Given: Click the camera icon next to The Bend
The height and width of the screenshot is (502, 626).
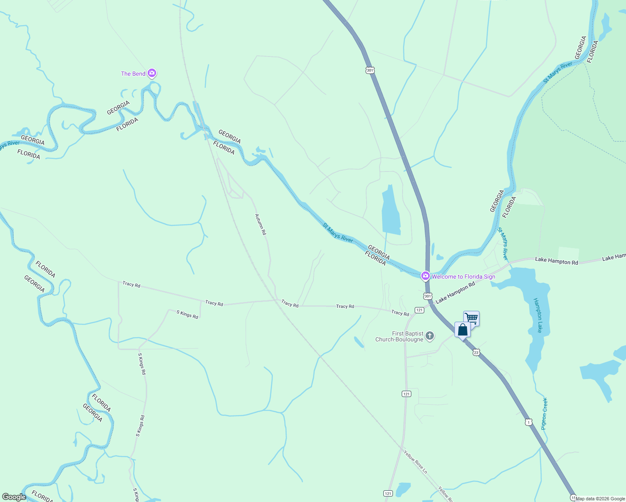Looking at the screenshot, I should (152, 74).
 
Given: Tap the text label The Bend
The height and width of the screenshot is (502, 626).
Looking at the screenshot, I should (133, 74).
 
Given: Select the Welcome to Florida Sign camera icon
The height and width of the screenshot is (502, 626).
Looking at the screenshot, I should (425, 276).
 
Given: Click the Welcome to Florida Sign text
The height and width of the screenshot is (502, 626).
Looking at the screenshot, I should (463, 277).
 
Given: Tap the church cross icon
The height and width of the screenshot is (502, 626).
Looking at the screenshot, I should (430, 336).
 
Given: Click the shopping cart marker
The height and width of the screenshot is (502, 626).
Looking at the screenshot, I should (471, 318).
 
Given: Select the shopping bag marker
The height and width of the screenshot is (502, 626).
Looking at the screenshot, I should (462, 330).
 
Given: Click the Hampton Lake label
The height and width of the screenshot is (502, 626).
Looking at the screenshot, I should (539, 315).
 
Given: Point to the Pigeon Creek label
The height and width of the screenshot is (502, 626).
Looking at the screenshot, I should (544, 414).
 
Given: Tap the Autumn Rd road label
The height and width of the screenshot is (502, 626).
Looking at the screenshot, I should (261, 224).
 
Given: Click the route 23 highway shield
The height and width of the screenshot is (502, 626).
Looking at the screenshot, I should (476, 353).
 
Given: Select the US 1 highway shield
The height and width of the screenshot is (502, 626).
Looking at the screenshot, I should (529, 422).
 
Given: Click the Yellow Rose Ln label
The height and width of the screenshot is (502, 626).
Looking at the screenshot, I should (416, 462).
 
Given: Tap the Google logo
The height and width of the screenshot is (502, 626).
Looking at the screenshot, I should (14, 497).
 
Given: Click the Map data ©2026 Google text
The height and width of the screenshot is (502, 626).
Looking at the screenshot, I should (600, 499).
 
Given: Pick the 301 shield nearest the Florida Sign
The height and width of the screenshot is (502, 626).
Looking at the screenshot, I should (427, 296).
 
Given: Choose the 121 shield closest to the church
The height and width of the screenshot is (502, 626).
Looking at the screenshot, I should (419, 310).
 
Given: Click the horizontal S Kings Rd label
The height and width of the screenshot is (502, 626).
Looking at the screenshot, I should (187, 314).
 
